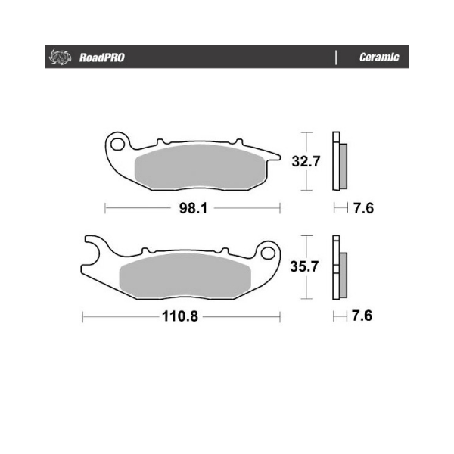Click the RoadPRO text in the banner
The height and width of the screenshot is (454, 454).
click(x=102, y=58)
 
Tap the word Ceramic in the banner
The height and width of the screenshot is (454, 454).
click(x=379, y=57)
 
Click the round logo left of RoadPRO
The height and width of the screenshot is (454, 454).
click(x=61, y=57)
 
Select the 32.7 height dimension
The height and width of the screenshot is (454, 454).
click(x=306, y=161)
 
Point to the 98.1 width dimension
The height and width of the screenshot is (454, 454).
click(x=194, y=208)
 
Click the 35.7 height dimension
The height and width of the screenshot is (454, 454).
click(x=305, y=266)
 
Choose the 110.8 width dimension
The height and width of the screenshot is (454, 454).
click(x=180, y=316)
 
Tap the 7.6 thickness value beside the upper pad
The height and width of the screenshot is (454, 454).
click(x=364, y=208)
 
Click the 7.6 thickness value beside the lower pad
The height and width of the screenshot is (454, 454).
click(x=362, y=316)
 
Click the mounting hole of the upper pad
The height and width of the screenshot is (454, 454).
click(x=117, y=144)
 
